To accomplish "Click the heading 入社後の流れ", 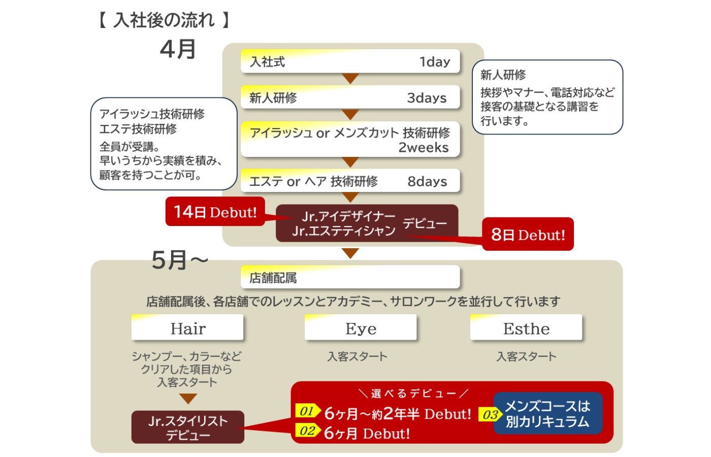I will coord(164,20).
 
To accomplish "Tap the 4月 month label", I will coord(178,49).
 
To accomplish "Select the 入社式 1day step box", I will coord(350,61).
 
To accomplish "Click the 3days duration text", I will coord(427,98).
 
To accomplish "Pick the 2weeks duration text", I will coord(423,148).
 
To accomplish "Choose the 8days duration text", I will coord(427,182).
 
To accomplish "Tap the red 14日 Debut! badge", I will coord(215,212).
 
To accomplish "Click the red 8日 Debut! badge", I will coord(528,235).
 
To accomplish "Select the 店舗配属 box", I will coord(350,278).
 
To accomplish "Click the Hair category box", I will coord(187,328).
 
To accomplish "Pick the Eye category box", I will coord(361,328).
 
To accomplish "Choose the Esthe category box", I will coord(526,328).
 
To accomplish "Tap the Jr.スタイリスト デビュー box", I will coord(187,428).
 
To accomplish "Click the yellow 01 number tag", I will coord(307,411).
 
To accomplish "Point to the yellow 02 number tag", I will coord(307,431).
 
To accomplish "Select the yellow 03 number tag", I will coord(490,414).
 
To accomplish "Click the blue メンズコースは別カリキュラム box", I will coord(547,413).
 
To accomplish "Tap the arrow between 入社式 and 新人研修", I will coord(350,79).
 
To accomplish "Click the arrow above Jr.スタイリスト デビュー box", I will coord(188,399).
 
